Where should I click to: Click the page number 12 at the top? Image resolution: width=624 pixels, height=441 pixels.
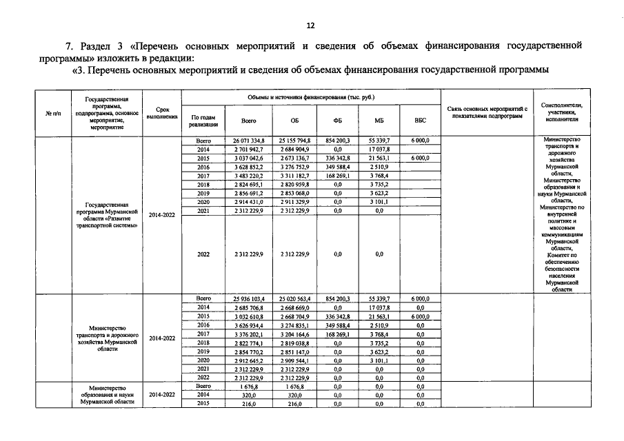(310, 25)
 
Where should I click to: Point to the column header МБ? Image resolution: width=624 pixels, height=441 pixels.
(379, 121)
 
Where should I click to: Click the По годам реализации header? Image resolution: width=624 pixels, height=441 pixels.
(203, 121)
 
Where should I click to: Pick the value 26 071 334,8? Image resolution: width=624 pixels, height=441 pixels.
(248, 141)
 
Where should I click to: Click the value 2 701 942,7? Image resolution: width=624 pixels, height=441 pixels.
(248, 150)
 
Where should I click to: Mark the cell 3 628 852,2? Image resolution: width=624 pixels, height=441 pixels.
(248, 167)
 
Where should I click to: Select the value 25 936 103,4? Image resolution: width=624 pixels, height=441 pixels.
(248, 298)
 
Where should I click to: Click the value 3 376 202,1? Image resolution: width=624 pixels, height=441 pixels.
(248, 334)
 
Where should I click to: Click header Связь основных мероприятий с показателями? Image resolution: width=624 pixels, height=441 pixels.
(487, 113)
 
